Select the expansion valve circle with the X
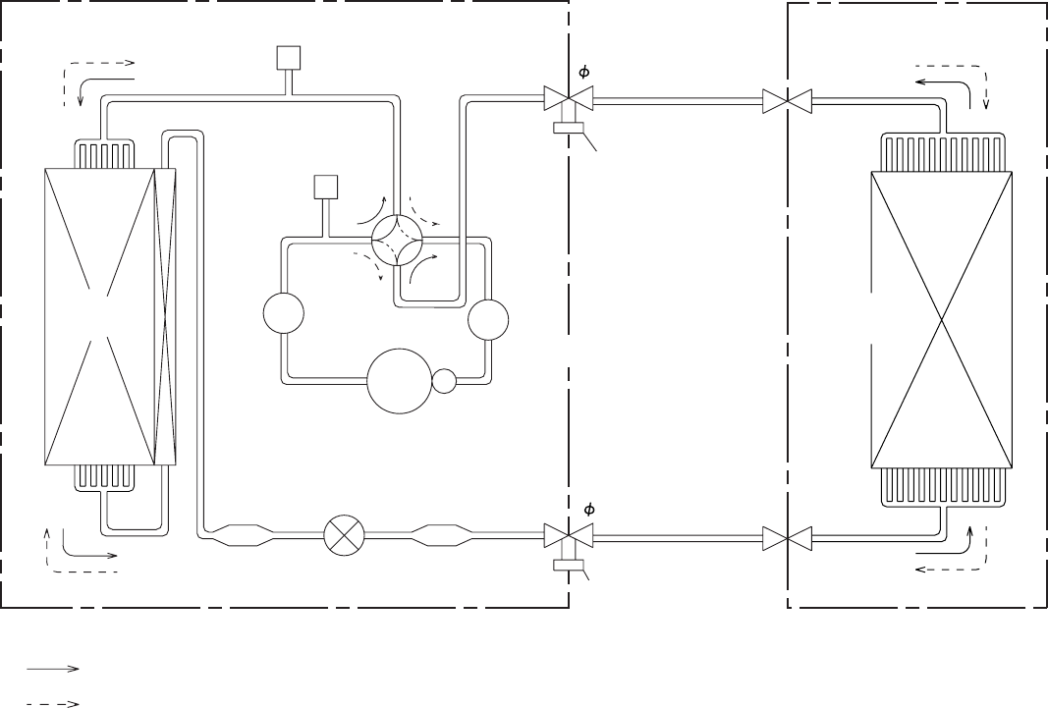(344, 536)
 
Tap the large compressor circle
(399, 382)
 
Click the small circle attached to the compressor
(445, 380)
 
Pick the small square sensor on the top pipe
(287, 59)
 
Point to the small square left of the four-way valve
(324, 187)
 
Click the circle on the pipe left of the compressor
(283, 315)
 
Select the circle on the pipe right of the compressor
(488, 318)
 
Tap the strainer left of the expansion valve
(240, 536)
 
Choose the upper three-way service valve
(569, 99)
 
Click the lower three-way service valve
(569, 537)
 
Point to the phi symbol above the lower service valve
(588, 510)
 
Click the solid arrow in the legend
(53, 669)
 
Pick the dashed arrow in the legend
(53, 702)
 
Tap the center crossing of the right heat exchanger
(942, 320)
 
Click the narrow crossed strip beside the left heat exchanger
(165, 315)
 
